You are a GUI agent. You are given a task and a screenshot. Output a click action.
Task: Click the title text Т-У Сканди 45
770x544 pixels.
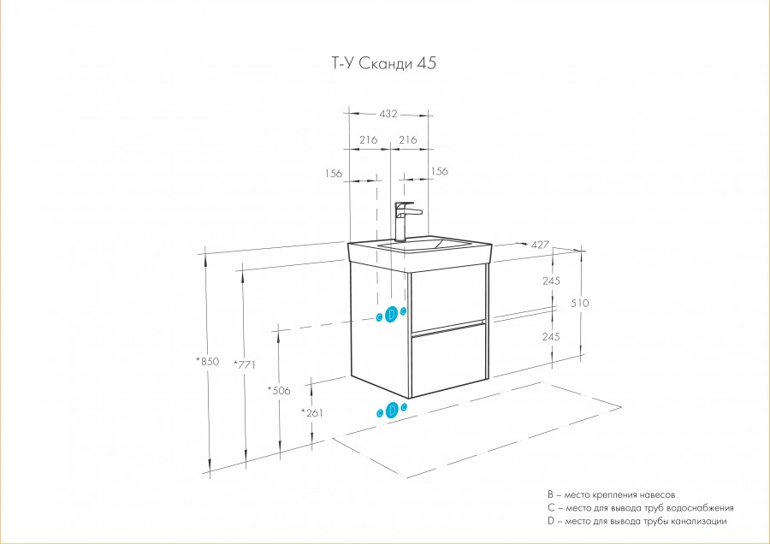(376, 64)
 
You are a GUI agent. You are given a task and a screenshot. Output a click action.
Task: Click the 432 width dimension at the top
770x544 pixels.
(389, 112)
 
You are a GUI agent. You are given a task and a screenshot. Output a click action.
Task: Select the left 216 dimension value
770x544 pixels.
(369, 139)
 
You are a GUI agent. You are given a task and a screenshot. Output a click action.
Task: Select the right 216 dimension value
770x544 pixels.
(408, 139)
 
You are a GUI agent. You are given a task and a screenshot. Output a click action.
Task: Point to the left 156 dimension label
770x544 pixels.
(334, 174)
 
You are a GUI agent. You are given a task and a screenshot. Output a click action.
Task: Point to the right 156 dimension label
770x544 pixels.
(438, 171)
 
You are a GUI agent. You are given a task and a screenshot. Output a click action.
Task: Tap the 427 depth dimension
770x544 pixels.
(539, 244)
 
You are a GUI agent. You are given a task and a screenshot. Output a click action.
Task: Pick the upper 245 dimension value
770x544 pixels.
(550, 281)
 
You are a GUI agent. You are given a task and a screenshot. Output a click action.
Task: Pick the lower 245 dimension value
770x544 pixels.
(550, 336)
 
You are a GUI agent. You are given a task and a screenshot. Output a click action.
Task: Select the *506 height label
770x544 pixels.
(279, 390)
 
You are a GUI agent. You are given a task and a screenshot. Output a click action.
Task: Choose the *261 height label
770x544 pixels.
(311, 413)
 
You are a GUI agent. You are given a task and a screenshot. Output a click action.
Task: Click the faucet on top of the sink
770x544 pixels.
(405, 220)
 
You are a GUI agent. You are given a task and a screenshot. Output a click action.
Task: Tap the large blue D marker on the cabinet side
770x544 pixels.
(392, 314)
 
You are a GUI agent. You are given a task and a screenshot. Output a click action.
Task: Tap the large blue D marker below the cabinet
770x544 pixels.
(392, 410)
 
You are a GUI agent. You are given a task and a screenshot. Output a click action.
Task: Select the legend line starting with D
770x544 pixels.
(637, 521)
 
